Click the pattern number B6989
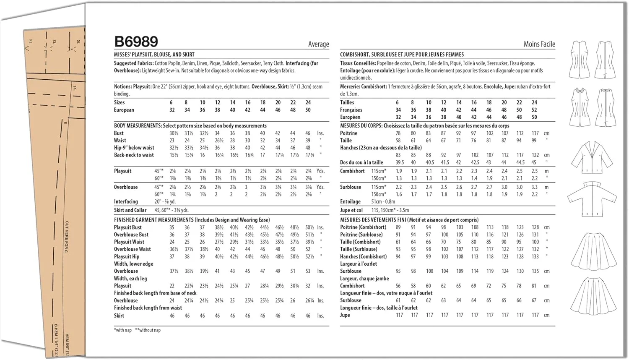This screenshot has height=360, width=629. (136, 42)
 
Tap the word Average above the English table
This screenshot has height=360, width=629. (318, 44)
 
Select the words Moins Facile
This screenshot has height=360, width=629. (539, 44)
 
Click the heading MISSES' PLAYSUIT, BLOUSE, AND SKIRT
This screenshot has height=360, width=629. (154, 55)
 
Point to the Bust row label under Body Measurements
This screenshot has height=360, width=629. (119, 133)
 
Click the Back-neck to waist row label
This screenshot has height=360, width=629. (134, 155)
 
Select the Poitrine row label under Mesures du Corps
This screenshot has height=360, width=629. (348, 133)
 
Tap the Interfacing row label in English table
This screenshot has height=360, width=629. (126, 202)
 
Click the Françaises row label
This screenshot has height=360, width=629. (351, 110)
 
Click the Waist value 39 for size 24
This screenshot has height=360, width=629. (308, 141)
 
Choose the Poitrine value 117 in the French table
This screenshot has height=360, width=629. (535, 133)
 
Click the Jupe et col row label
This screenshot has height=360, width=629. (351, 210)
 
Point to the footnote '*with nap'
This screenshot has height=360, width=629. (122, 330)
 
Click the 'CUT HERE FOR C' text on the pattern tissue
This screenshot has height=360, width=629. (66, 237)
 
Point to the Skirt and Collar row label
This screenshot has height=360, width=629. (130, 210)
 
